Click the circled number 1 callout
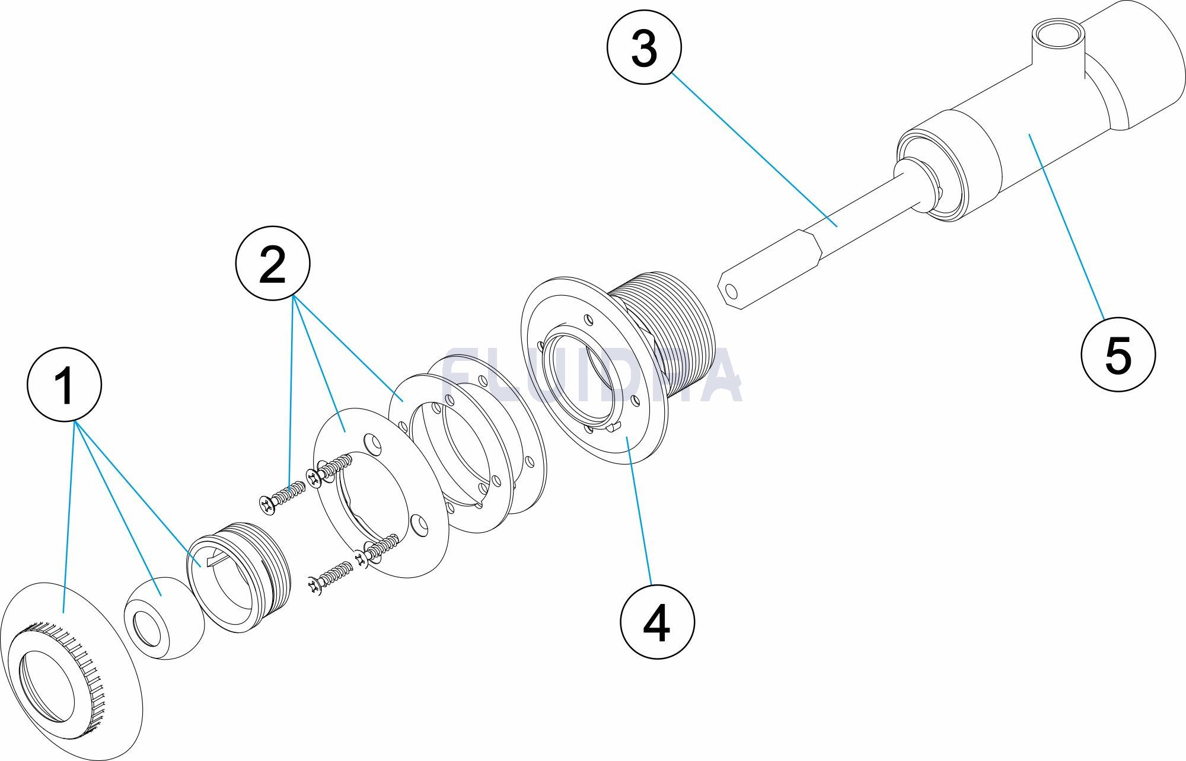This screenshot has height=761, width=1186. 65,385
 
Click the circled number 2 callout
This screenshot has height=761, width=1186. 273,263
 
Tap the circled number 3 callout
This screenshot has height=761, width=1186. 644,48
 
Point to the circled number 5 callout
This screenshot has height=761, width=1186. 1118,354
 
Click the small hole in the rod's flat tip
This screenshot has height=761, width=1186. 732,291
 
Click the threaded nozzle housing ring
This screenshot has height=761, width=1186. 240,578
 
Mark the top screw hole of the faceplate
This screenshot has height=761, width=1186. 372,443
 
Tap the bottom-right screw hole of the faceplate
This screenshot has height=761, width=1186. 420,525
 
